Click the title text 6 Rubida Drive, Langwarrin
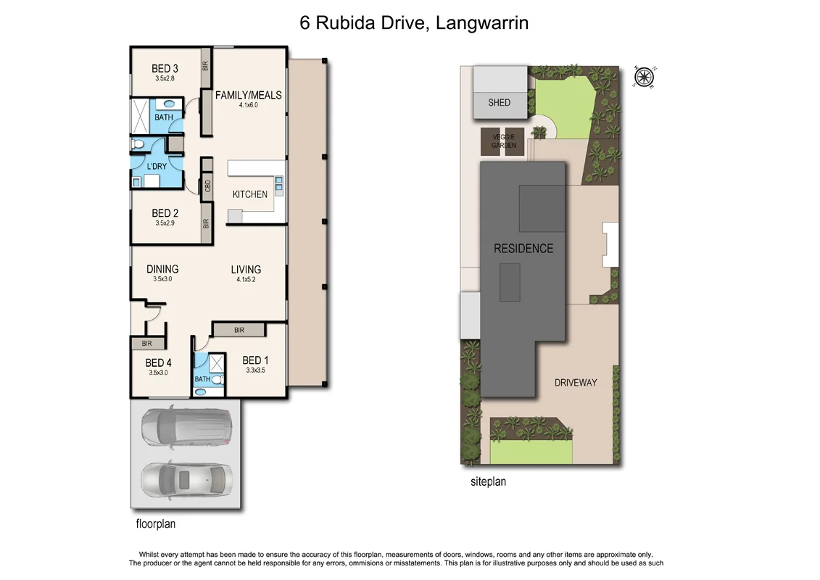(x=414, y=23)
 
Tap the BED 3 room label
(x=165, y=69)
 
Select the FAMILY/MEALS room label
(x=248, y=95)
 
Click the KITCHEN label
(x=249, y=194)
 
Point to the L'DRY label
(x=157, y=166)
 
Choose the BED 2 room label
(x=165, y=213)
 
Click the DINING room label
(x=162, y=269)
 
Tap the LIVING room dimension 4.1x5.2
(x=246, y=279)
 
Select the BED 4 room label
(x=158, y=362)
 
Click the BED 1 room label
(x=255, y=360)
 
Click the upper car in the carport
(x=186, y=428)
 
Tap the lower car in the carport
(x=186, y=479)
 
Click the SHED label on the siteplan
(x=499, y=102)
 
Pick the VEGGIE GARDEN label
(x=504, y=141)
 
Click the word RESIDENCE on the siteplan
(x=523, y=249)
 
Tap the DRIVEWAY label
(x=575, y=382)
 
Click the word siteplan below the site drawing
(x=488, y=481)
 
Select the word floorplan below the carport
(x=156, y=523)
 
